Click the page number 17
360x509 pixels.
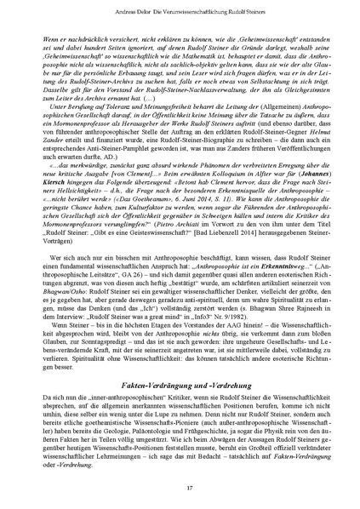pos(180,486)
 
